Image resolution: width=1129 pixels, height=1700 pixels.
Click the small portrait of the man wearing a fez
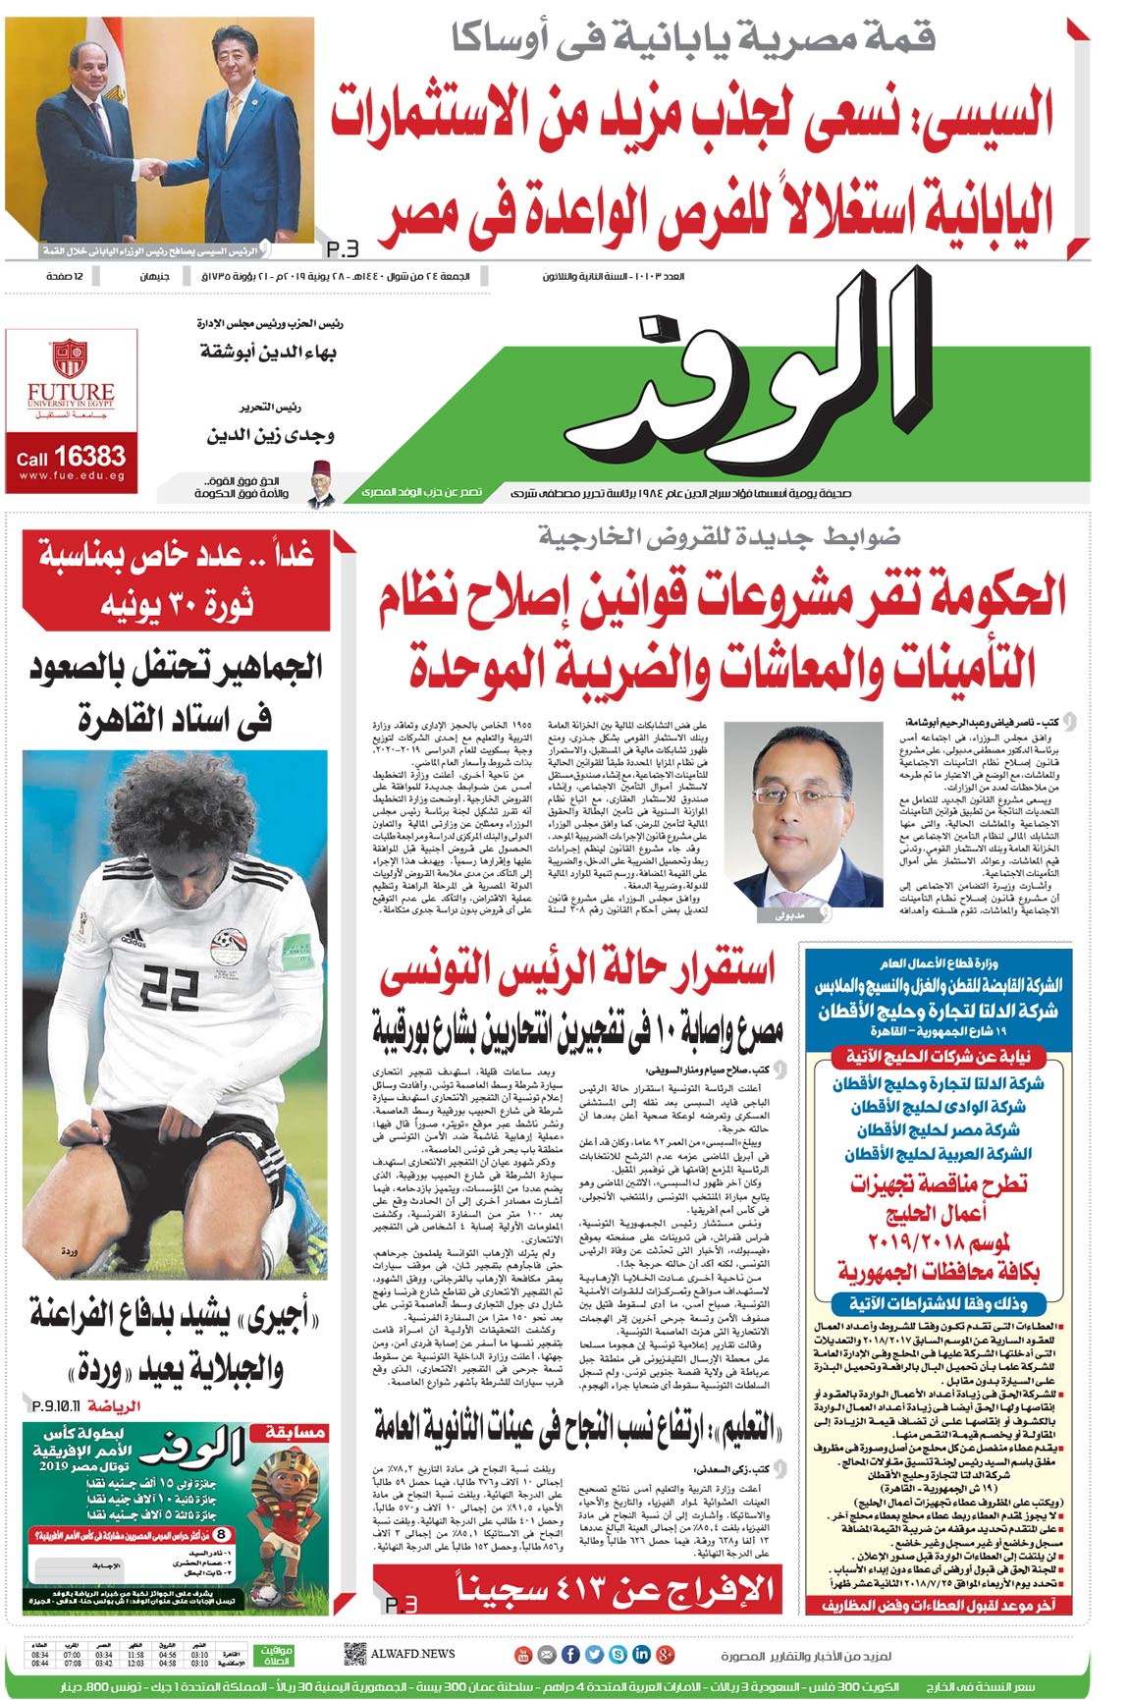pyautogui.click(x=317, y=483)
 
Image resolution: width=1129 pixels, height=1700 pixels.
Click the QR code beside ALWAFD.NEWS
pyautogui.click(x=354, y=1653)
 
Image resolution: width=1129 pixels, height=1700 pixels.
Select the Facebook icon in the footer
pyautogui.click(x=570, y=1654)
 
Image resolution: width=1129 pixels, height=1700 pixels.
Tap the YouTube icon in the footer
pyautogui.click(x=523, y=1654)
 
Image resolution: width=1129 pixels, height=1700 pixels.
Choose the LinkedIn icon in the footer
pyautogui.click(x=641, y=1654)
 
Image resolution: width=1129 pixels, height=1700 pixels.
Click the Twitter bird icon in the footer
pyautogui.click(x=594, y=1654)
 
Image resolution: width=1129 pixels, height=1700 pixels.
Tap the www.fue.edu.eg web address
pyautogui.click(x=72, y=477)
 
